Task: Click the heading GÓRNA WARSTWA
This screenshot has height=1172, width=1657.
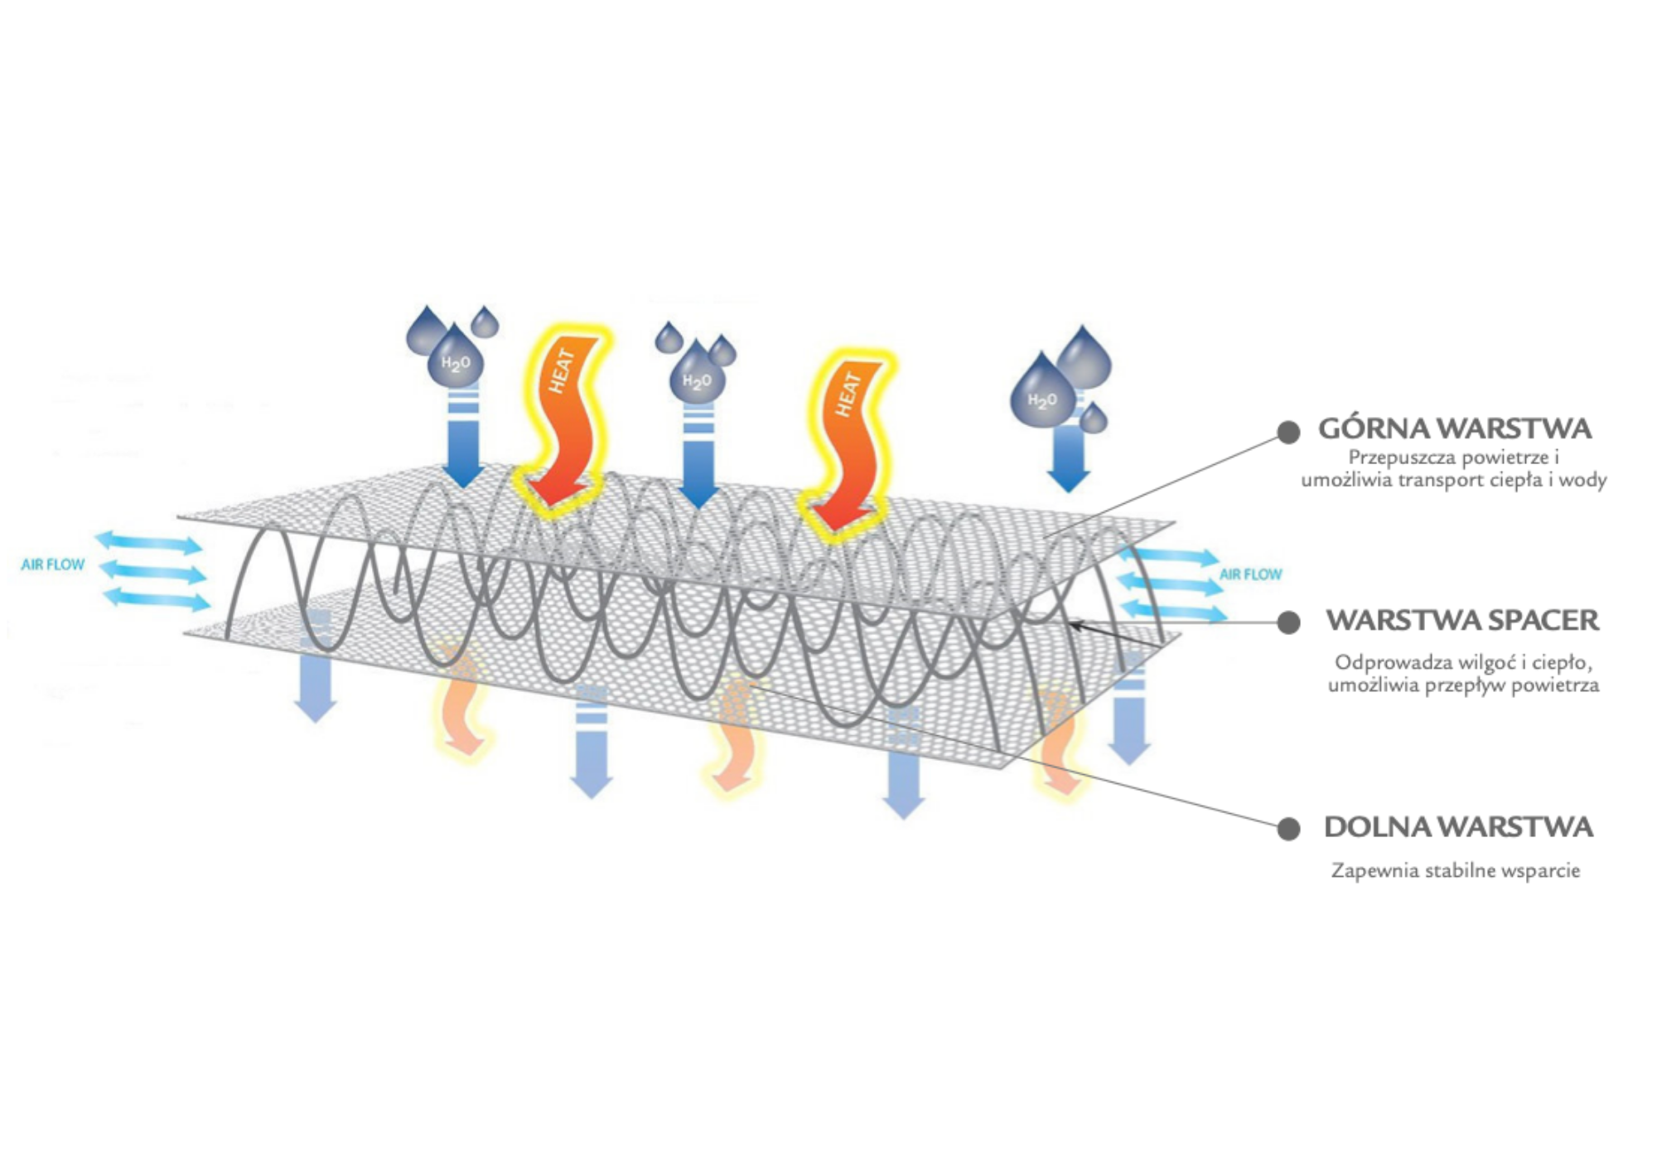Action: point(1454,429)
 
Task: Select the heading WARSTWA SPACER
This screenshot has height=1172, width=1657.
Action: point(1461,620)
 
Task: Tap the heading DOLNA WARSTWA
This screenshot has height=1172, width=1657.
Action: point(1458,826)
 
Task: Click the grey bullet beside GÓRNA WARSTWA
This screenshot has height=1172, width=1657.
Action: point(1287,432)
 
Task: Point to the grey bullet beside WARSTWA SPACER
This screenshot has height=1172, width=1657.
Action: point(1287,622)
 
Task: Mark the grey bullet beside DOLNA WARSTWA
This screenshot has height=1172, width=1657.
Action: point(1287,828)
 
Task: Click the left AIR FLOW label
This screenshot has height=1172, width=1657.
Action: point(53,564)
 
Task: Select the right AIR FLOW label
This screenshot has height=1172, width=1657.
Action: point(1250,574)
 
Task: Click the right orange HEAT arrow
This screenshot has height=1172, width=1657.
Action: point(848,439)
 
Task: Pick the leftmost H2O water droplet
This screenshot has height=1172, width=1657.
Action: point(455,361)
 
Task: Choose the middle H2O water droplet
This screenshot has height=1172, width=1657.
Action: point(697,379)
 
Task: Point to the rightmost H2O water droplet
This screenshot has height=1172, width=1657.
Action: point(1042,399)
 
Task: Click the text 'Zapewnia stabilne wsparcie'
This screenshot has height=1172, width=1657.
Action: point(1455,870)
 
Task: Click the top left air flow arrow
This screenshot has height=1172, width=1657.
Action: point(148,543)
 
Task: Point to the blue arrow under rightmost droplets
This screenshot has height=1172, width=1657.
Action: point(1068,460)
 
